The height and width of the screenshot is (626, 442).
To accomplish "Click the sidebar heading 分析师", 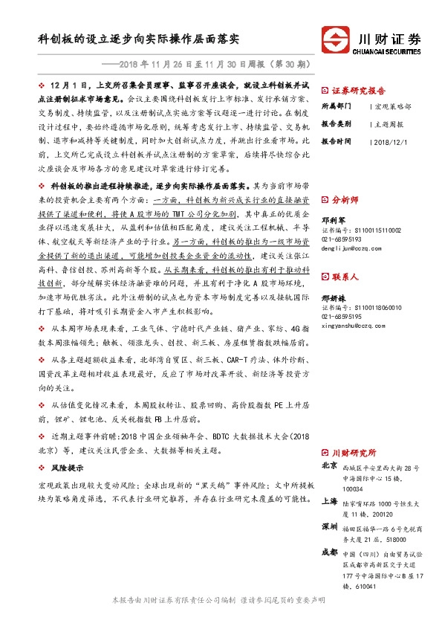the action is pyautogui.click(x=345, y=200).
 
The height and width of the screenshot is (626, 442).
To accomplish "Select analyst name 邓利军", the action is pyautogui.click(x=333, y=220).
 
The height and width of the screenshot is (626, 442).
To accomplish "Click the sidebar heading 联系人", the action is pyautogui.click(x=345, y=277).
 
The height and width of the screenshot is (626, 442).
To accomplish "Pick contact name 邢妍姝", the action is pyautogui.click(x=333, y=297).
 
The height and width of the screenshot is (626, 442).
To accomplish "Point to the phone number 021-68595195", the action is pyautogui.click(x=345, y=316).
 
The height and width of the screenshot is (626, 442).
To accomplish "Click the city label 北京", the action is pyautogui.click(x=331, y=466).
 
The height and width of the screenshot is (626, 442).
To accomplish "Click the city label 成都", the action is pyautogui.click(x=331, y=552).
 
